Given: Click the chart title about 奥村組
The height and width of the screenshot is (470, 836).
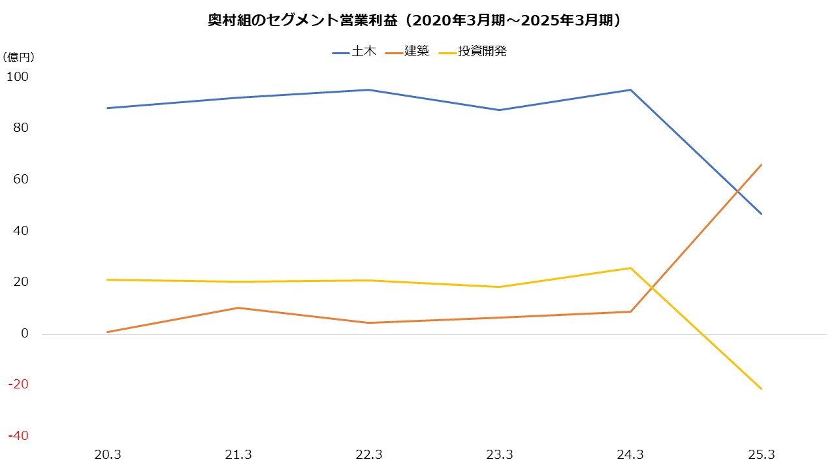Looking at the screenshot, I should (x=418, y=20).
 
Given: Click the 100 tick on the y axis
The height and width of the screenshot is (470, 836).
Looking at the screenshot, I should (x=18, y=76).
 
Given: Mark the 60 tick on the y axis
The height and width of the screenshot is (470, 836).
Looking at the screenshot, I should (x=20, y=180).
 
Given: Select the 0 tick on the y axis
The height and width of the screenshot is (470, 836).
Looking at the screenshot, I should (x=25, y=334).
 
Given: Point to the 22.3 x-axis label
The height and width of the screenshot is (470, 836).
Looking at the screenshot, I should (x=369, y=455).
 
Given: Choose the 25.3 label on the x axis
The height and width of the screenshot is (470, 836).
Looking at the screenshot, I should (x=761, y=455).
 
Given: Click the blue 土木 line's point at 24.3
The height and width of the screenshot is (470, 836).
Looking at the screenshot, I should (x=630, y=89).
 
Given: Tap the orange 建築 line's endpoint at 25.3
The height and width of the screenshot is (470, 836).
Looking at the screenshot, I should (x=761, y=165).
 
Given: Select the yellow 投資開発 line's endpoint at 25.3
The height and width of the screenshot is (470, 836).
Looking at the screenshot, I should (x=761, y=388).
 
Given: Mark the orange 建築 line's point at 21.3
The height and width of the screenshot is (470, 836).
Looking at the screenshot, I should (x=238, y=307).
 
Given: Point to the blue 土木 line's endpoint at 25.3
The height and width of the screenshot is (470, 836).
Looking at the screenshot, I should (x=761, y=213).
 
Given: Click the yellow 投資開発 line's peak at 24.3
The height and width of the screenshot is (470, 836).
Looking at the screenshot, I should (x=630, y=268).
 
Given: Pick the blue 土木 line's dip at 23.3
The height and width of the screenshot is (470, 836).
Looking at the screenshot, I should (x=500, y=110).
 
